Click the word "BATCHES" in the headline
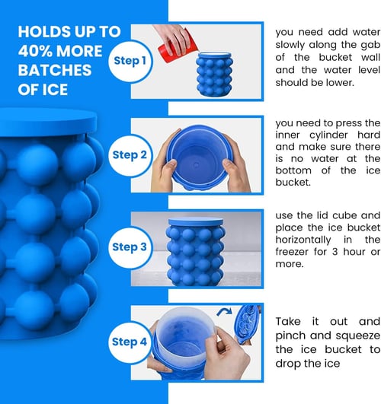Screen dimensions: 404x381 coord(54,71)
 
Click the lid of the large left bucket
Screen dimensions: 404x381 coord(49,121)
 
